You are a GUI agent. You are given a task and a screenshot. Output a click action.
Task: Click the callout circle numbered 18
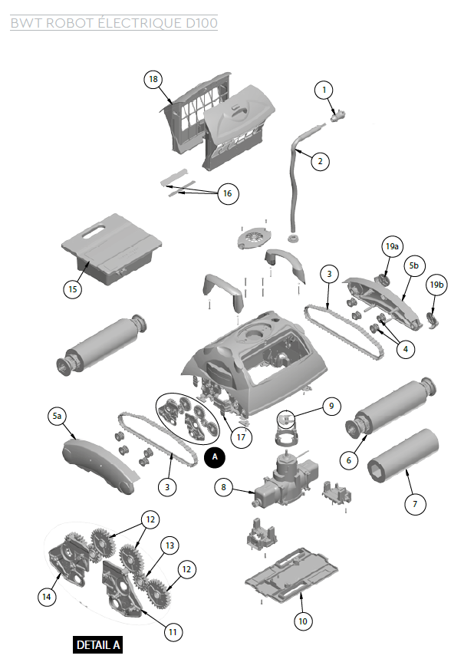click(153, 80)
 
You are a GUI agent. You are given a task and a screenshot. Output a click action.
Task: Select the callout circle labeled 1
click(324, 90)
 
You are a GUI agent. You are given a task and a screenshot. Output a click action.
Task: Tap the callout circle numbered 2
click(319, 161)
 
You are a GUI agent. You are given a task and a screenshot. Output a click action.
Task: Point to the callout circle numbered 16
click(227, 193)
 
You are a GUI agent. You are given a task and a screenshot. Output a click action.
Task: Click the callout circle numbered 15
click(73, 289)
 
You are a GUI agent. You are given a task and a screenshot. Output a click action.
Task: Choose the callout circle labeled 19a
click(392, 247)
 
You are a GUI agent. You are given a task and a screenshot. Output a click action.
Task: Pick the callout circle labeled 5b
click(414, 265)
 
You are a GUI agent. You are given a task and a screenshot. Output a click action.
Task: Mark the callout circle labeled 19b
click(436, 285)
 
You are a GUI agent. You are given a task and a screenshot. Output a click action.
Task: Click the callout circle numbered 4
click(405, 348)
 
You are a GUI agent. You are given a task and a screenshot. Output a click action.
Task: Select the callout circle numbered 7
click(415, 503)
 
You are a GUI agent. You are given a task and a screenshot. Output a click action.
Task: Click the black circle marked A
click(216, 456)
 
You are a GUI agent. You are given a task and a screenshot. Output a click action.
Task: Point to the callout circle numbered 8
click(224, 486)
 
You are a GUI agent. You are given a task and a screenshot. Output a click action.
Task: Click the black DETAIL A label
click(98, 645)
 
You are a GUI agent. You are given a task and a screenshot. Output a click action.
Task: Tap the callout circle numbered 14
click(48, 595)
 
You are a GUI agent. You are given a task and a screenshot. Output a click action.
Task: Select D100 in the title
click(202, 23)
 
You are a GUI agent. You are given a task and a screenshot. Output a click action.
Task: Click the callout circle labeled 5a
click(57, 416)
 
